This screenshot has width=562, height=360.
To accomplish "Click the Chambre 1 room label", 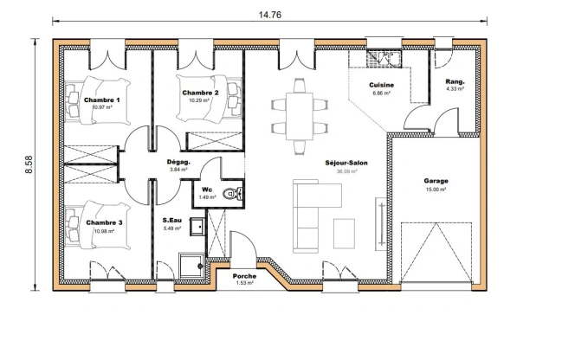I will [x=102, y=100].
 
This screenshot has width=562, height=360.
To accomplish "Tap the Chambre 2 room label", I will [x=199, y=93].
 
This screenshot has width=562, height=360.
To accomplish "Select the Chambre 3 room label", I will [x=103, y=222].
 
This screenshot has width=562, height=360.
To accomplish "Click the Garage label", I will [x=436, y=181].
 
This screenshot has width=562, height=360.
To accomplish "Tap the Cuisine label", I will [x=381, y=85].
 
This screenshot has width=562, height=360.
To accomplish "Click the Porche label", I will [x=243, y=275].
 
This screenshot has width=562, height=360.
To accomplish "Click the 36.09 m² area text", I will [x=346, y=171].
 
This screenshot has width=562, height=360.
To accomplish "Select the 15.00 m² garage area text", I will [x=436, y=189].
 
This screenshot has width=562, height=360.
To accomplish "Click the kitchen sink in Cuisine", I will [x=379, y=57].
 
